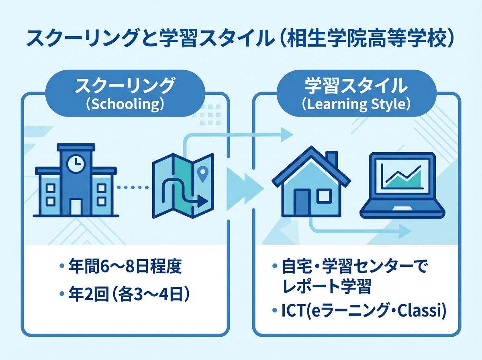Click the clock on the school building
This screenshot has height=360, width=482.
tap(75, 163)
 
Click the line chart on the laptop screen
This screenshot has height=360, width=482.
tap(402, 176)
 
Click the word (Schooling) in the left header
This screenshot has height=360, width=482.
tap(125, 104)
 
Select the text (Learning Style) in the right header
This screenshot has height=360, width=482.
tap(356, 104)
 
